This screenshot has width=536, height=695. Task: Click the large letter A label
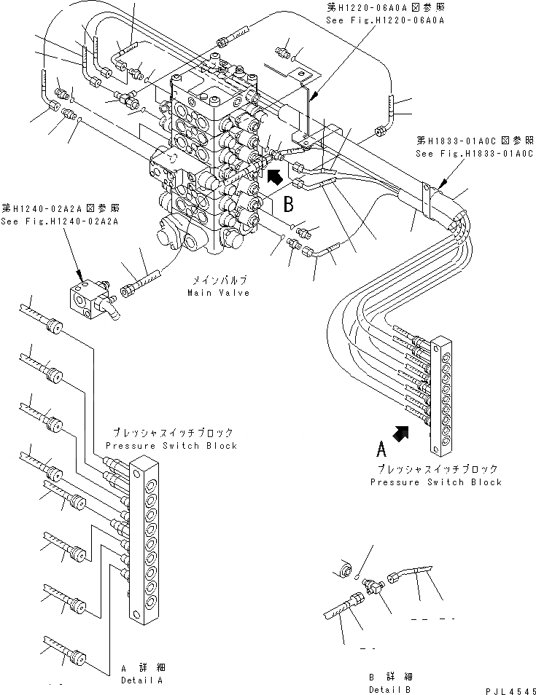381,446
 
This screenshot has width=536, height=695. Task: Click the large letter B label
288,201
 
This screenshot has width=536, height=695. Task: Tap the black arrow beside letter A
400,434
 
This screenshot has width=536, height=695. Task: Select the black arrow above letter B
276,177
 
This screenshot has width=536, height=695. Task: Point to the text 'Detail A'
141,680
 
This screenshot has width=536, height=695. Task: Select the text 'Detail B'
391,689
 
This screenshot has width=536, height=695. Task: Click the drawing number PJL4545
510,689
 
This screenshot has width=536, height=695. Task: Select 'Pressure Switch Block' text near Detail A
171,446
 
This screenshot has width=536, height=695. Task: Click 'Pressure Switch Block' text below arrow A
436,482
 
